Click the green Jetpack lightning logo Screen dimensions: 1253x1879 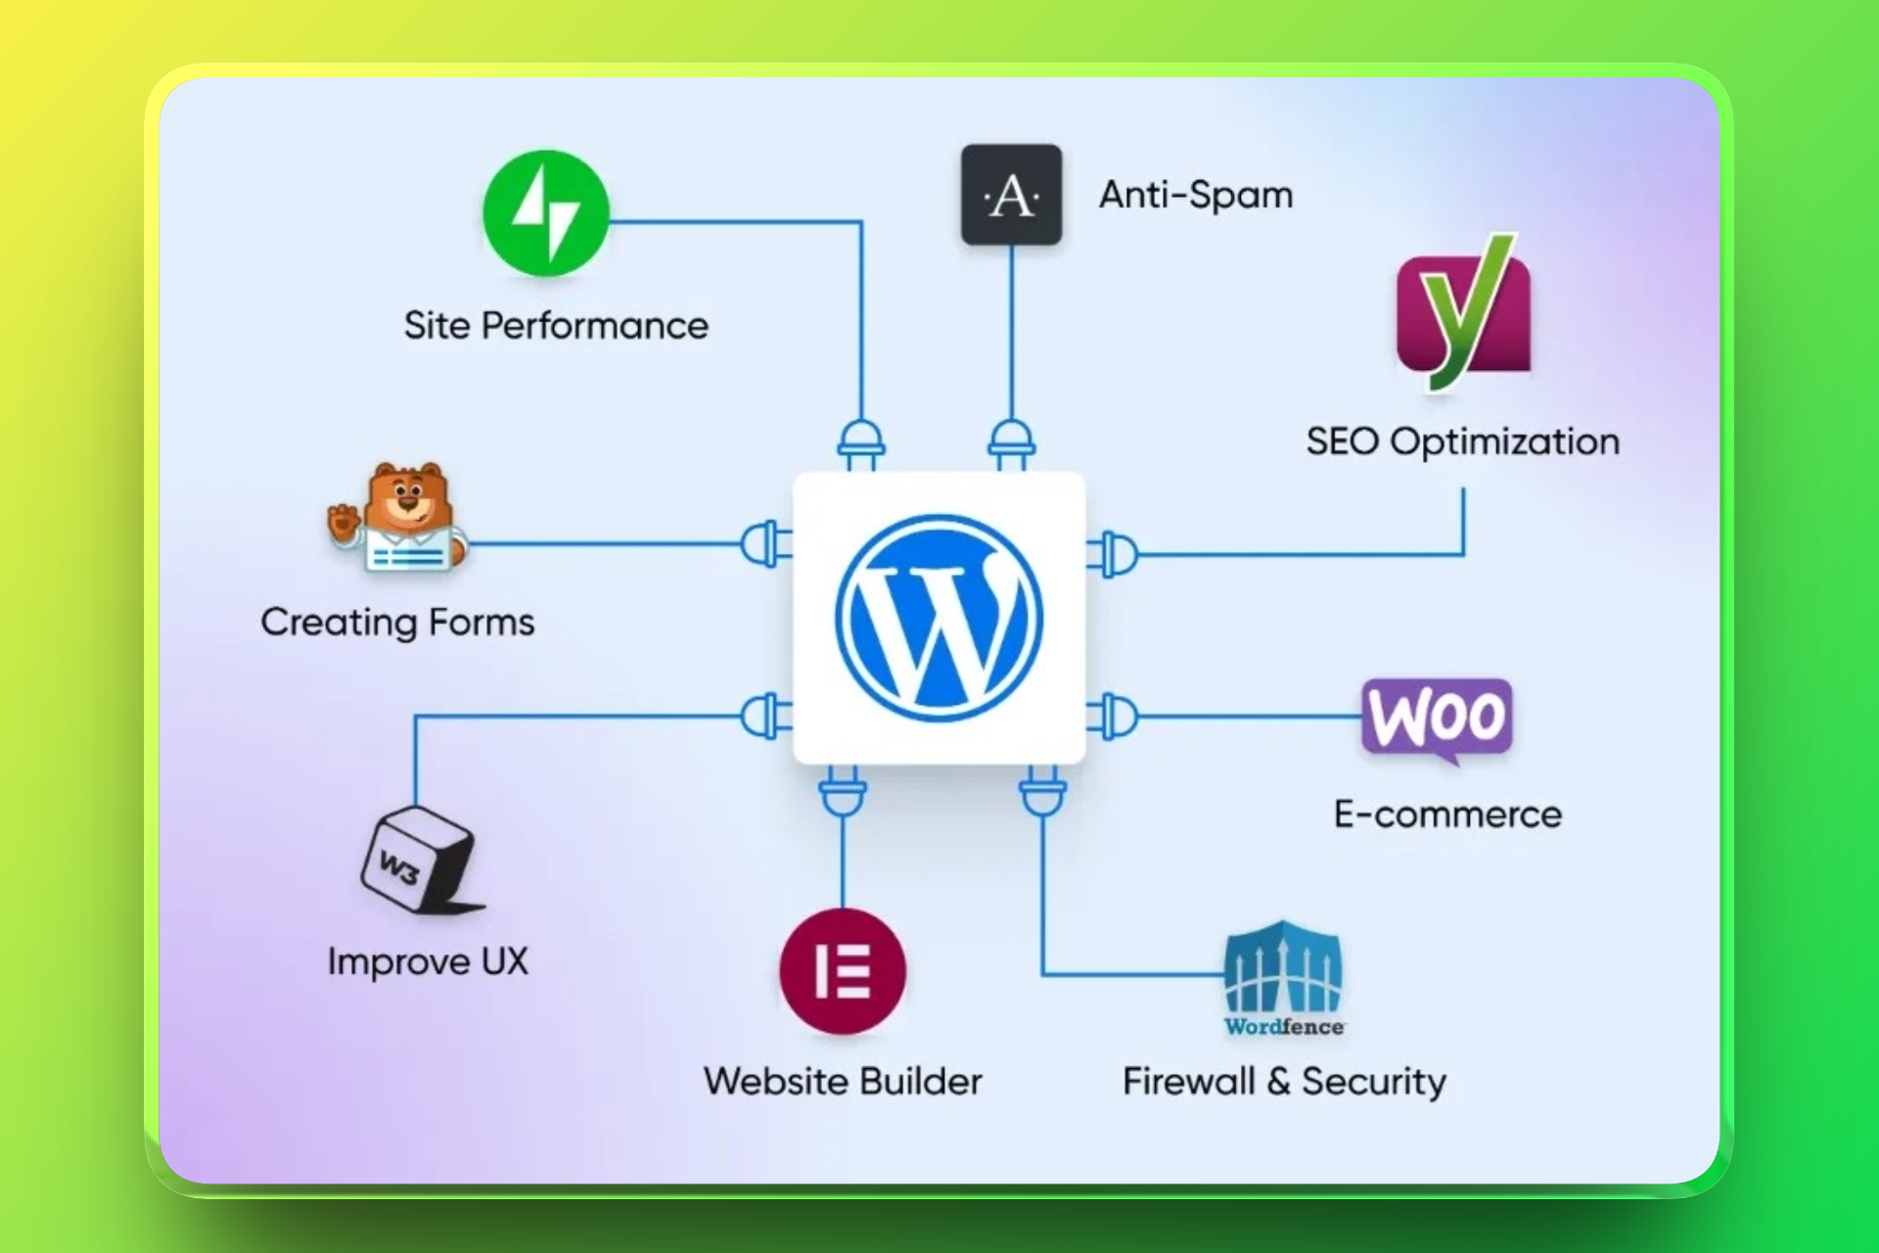546,213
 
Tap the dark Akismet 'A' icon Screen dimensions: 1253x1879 1011,195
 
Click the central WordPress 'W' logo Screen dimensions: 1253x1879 939,618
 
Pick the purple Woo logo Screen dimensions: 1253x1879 1437,719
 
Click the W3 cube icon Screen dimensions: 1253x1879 418,860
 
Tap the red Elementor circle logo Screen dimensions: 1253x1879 843,971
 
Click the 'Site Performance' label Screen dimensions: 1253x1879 556,326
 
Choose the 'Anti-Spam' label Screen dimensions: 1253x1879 1196,195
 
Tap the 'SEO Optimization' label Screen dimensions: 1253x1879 1463,441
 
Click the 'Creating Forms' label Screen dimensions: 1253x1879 397,623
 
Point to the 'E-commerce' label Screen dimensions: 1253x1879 1447,814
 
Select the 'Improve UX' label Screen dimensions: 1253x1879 428,961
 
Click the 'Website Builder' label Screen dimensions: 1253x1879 843,1082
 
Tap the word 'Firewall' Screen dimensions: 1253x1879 1188,1082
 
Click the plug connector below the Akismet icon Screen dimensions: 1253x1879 1011,444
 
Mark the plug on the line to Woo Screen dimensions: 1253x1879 1114,717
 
